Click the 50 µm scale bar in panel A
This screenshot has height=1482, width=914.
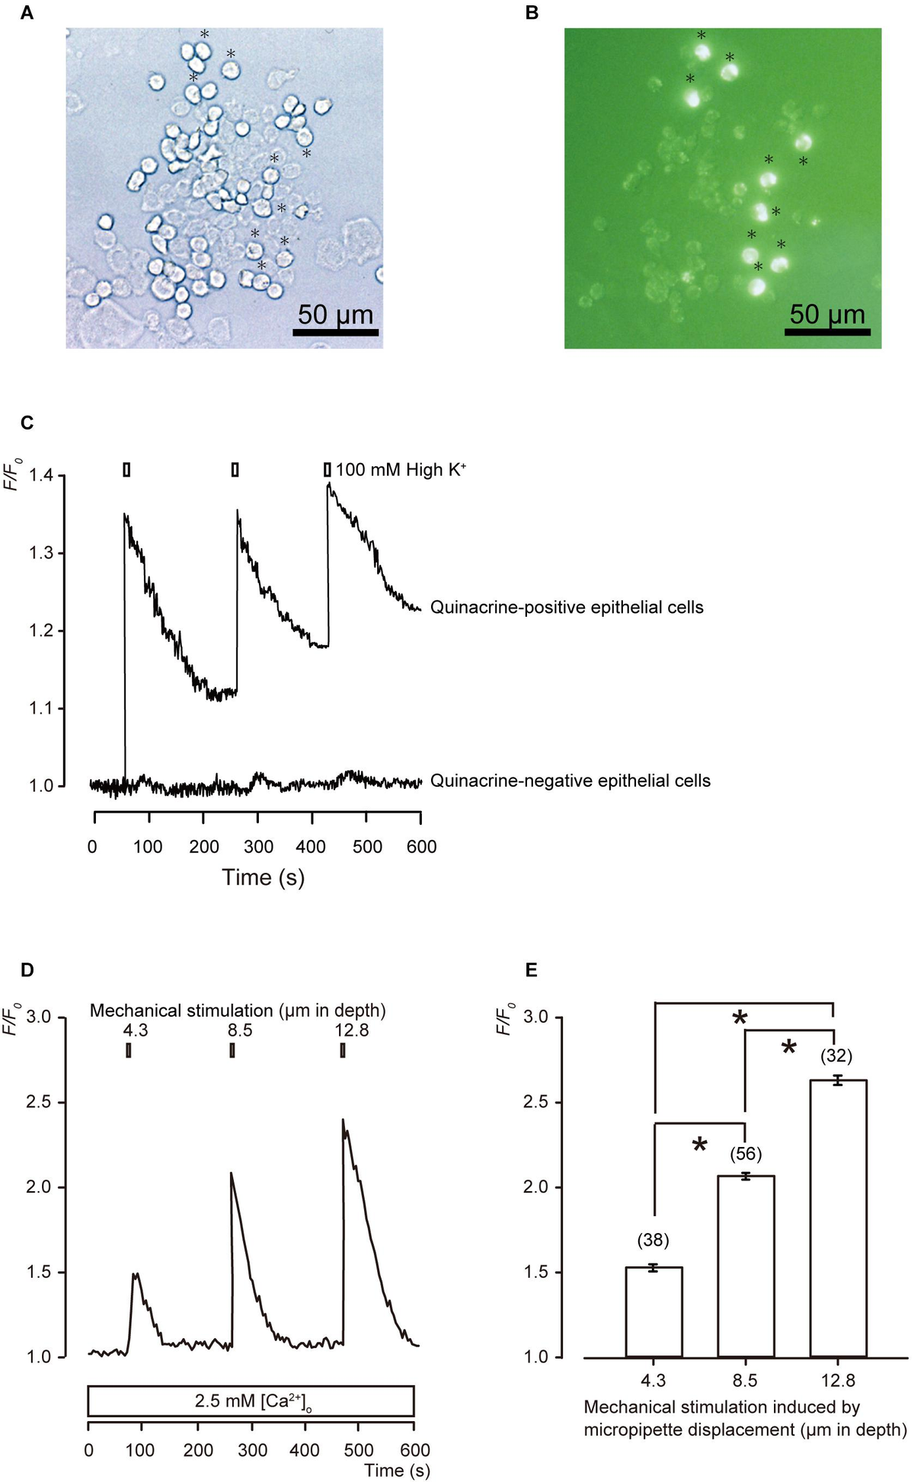336,332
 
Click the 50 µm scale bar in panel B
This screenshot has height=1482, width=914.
827,332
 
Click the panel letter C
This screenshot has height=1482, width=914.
27,423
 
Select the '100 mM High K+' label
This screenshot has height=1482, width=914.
401,470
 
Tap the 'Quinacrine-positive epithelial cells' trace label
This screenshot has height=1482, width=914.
567,608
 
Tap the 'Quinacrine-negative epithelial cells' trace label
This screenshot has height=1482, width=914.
570,781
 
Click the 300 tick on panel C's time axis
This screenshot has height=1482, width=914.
257,847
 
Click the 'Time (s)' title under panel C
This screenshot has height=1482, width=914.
263,878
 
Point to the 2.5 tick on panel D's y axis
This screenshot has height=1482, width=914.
40,1103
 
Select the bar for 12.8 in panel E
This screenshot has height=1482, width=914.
838,1218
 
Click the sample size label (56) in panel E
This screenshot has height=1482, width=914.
746,1154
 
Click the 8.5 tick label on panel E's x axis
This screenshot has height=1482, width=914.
745,1381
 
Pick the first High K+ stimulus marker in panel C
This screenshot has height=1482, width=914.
126,470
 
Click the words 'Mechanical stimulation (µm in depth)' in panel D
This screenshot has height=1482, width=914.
238,1011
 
